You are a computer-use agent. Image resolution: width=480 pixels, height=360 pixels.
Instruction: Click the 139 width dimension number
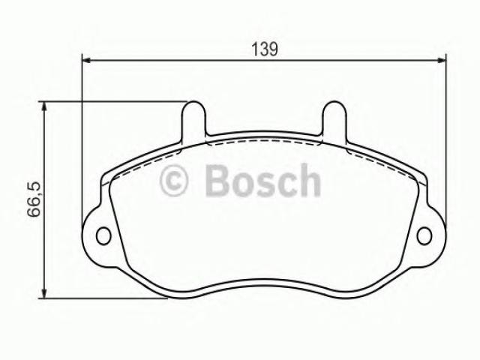265,49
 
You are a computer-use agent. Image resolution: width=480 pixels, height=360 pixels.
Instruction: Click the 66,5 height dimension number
34,199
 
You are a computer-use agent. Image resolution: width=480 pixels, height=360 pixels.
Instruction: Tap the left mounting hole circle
103,236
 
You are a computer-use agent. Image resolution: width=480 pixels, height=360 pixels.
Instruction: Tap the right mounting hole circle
424,236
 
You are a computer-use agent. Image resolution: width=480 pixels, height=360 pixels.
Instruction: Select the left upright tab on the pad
193,120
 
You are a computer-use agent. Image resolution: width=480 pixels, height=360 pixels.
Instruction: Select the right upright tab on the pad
335,120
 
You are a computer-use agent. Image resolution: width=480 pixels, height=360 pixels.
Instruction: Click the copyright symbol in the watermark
174,180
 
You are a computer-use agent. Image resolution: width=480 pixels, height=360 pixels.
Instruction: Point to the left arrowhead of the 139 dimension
87,61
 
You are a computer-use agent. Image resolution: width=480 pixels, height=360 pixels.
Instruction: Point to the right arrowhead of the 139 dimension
441,61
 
